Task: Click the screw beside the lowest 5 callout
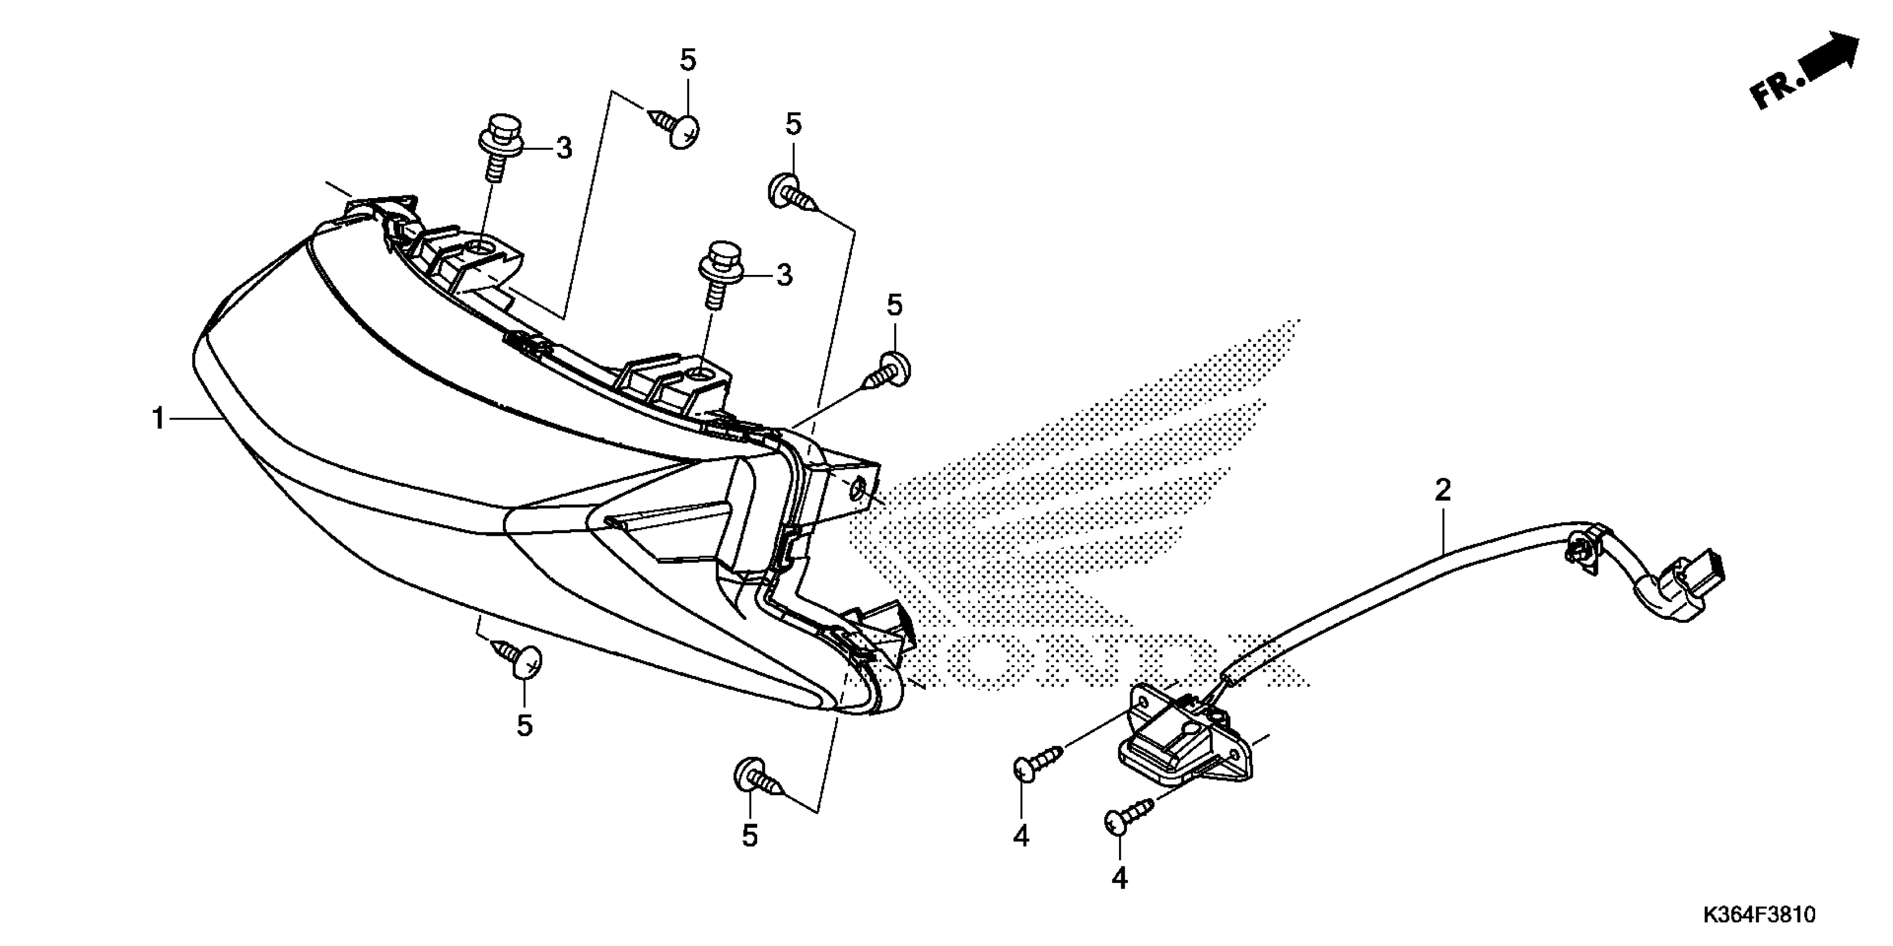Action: pyautogui.click(x=757, y=780)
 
